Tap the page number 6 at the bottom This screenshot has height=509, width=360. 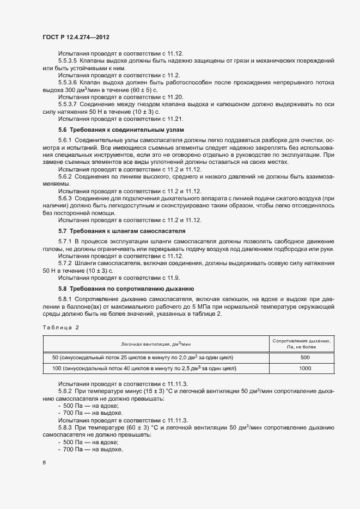44,462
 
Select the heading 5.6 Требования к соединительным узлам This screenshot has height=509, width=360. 121,130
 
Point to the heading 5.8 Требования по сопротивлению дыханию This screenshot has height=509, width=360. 126,288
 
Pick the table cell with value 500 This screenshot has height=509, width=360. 304,357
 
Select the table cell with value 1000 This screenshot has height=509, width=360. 304,369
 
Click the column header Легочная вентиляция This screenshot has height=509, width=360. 157,344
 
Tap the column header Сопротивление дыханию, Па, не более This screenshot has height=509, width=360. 304,343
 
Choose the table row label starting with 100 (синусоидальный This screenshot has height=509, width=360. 144,369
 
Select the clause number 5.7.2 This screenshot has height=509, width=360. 65,263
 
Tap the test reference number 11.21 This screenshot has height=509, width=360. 175,118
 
